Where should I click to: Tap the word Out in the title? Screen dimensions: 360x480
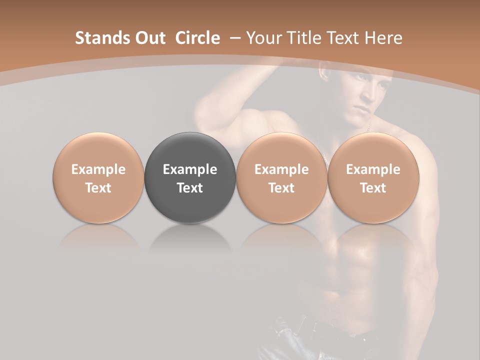(x=149, y=38)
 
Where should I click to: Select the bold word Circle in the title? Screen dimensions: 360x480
(x=197, y=38)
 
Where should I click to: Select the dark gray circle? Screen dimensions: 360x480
(x=190, y=178)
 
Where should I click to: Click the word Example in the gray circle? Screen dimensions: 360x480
(x=190, y=169)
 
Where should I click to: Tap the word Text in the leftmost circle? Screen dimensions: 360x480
(x=98, y=188)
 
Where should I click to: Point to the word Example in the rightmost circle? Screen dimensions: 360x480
(x=373, y=169)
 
